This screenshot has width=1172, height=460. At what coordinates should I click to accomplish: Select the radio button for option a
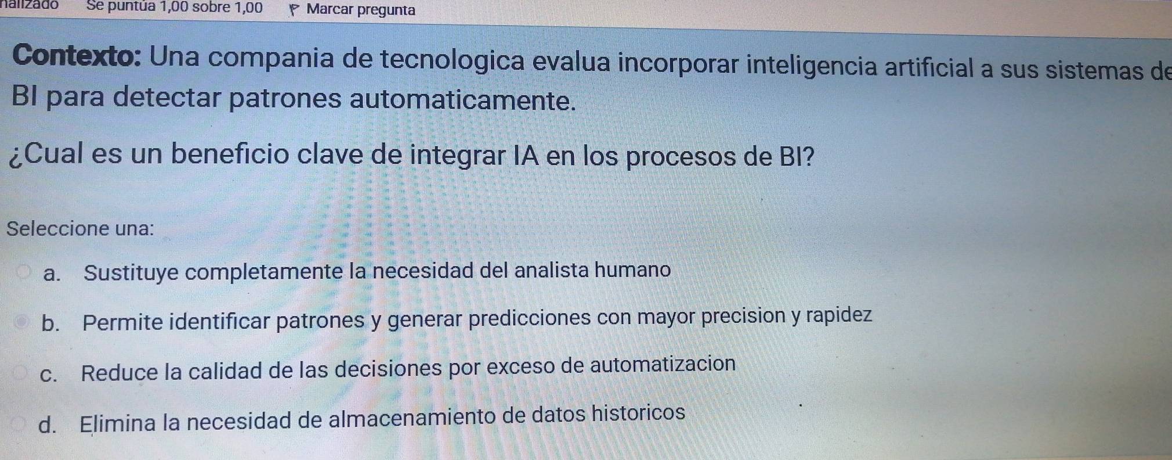(x=24, y=273)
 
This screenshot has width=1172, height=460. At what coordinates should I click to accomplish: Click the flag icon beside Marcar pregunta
(x=294, y=10)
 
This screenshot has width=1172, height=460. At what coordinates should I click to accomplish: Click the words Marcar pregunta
(x=361, y=10)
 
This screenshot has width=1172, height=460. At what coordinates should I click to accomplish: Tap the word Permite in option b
(x=122, y=321)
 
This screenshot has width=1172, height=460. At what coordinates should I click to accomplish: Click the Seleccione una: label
(x=81, y=228)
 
